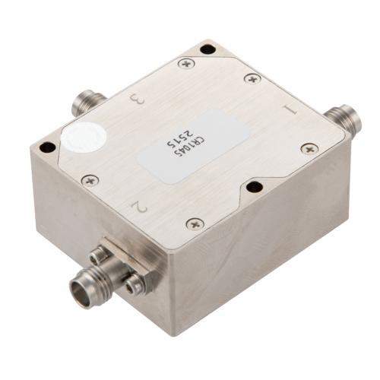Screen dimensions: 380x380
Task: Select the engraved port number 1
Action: tap(287, 111)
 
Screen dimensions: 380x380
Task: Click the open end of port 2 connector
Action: tap(81, 287)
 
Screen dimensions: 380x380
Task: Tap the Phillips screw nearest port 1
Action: tap(307, 148)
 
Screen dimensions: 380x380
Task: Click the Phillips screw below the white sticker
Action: tap(90, 181)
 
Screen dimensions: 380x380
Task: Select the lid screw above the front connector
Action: tap(195, 223)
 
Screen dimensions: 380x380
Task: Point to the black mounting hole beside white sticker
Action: tap(47, 147)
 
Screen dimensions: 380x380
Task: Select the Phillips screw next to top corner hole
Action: tap(185, 63)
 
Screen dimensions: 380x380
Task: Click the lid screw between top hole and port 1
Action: tap(251, 78)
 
